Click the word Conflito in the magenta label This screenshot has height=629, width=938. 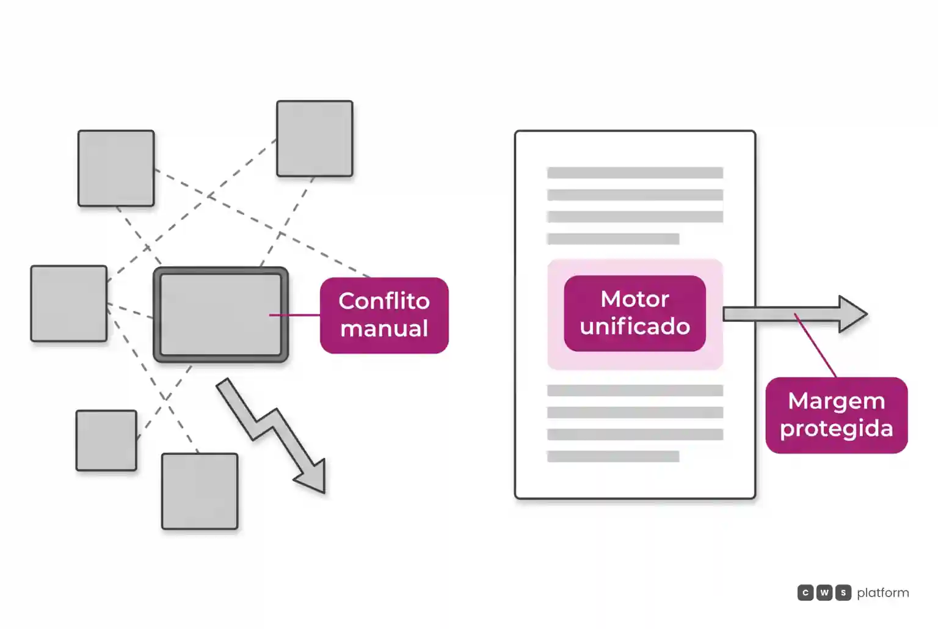coord(384,300)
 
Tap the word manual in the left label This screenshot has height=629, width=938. coord(384,328)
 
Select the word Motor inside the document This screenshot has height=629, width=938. coord(634,299)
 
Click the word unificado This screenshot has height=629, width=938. coord(634,326)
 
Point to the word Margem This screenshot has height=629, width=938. coord(836,401)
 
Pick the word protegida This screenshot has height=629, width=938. coord(836,429)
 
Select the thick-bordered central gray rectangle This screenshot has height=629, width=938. coord(220,314)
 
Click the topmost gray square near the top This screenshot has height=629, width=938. coord(314,138)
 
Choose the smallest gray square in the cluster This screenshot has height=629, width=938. coord(106,440)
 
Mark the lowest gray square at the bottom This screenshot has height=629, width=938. coord(200,491)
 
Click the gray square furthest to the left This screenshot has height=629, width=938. coord(68,303)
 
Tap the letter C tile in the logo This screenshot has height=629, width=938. coord(805,592)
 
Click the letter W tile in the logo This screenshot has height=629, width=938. coord(824,592)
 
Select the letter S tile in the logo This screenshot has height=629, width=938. coord(843,592)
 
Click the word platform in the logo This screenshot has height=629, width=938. coord(883,593)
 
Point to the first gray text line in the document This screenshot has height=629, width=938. coord(635,173)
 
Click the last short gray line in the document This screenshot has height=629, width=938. coord(613,456)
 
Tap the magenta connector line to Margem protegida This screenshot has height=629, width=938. coord(815,346)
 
